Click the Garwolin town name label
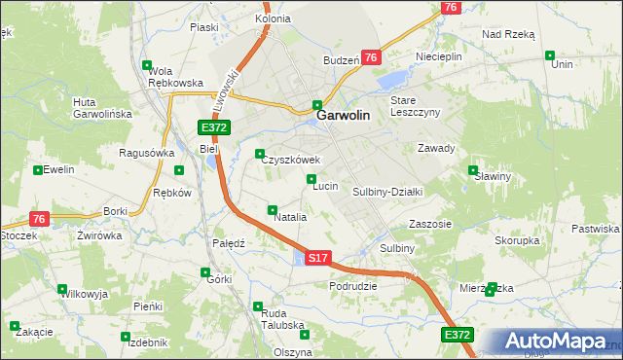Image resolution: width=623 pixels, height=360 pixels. [x=343, y=115]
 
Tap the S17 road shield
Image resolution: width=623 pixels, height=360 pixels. [x=318, y=258]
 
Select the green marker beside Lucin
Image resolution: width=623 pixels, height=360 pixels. [x=311, y=178]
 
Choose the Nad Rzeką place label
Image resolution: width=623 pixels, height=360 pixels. [x=508, y=33]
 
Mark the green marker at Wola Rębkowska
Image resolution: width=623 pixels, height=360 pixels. [x=147, y=65]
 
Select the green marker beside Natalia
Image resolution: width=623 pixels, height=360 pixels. [x=273, y=209]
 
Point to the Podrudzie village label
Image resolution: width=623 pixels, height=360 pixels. [x=352, y=286]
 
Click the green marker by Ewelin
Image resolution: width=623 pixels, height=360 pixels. [x=38, y=169]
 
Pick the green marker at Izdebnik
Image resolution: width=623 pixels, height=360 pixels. [x=125, y=337]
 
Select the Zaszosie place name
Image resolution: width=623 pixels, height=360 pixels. [x=430, y=223]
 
